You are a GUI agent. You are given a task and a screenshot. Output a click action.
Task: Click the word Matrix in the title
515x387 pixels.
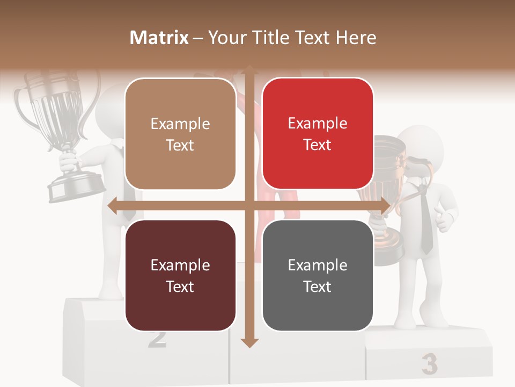click(159, 38)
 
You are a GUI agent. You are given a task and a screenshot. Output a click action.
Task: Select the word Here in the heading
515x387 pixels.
click(356, 38)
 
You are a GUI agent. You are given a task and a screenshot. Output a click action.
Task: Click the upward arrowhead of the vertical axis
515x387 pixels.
click(248, 69)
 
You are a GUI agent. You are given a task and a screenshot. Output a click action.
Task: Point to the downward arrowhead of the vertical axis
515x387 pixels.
click(248, 342)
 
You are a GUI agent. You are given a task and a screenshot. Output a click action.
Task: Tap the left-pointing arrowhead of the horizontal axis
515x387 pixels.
click(112, 206)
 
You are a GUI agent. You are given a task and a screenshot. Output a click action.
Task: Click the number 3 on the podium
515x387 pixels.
click(429, 364)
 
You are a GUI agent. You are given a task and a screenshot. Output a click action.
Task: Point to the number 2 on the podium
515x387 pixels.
click(157, 339)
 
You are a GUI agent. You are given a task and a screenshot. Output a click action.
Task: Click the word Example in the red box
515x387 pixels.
click(318, 124)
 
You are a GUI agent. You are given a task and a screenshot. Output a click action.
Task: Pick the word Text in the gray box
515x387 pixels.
click(318, 286)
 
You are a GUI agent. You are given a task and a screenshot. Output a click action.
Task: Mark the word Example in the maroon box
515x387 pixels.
click(180, 265)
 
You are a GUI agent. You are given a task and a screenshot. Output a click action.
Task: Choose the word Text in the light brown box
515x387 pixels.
click(180, 145)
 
